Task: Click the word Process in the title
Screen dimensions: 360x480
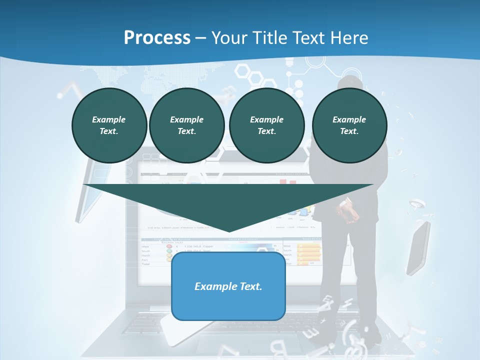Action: tap(157, 38)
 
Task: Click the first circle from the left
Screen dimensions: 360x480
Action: tap(109, 125)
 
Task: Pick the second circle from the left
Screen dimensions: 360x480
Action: tap(186, 125)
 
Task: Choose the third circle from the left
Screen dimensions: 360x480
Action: tap(266, 125)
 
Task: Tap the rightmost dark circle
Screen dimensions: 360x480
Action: tap(349, 125)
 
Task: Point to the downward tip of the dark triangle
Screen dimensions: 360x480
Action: tap(228, 231)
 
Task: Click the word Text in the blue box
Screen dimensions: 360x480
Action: tap(252, 286)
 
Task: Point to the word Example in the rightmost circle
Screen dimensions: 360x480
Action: tap(349, 119)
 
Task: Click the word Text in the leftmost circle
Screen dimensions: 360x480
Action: tap(108, 131)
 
